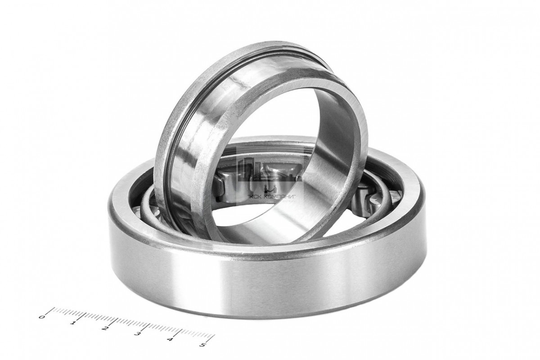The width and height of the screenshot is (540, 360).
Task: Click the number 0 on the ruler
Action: tap(41, 317)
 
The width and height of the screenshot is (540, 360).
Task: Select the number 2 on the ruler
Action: tap(104, 328)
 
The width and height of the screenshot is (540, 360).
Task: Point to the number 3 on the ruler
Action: tap(137, 334)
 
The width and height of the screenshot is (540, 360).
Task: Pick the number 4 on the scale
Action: tap(170, 339)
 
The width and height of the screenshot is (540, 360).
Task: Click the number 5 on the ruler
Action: tap(202, 345)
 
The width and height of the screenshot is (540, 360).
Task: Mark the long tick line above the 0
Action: tap(50, 311)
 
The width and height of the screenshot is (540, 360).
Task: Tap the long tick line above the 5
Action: tap(211, 338)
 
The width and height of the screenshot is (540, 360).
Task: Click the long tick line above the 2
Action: tap(113, 322)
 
